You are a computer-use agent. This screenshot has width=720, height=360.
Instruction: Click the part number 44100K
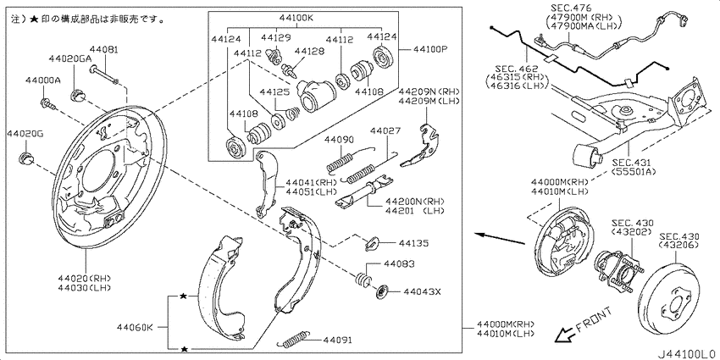click(x=296, y=19)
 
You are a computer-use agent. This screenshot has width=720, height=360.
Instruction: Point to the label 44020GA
click(x=70, y=58)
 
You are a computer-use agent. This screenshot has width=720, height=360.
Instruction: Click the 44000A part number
click(x=42, y=80)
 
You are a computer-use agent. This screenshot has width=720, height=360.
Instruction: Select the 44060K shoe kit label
click(x=135, y=327)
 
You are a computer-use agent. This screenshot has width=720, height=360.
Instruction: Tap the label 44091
click(x=337, y=341)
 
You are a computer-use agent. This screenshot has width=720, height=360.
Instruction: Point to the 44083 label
click(x=400, y=264)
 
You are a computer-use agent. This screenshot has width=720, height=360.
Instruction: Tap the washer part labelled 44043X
click(x=382, y=292)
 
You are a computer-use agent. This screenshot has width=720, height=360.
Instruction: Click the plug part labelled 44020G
click(x=25, y=158)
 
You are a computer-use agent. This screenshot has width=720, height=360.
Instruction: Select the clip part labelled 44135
click(x=372, y=243)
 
